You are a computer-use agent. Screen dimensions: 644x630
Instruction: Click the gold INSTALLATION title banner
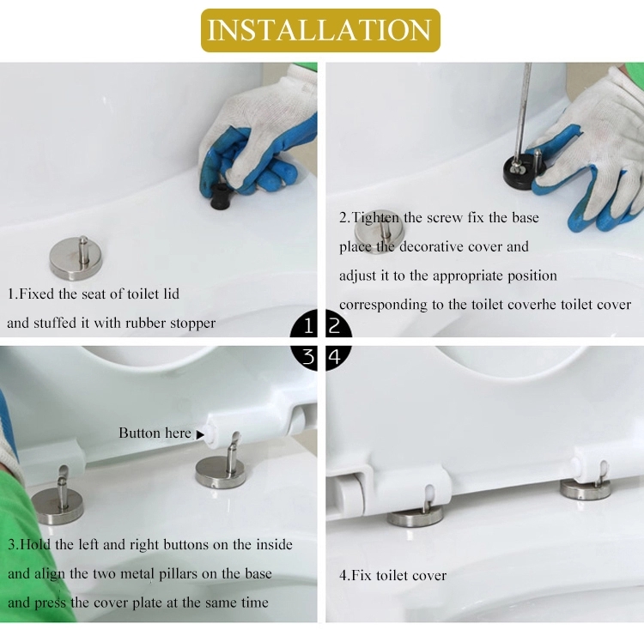320,30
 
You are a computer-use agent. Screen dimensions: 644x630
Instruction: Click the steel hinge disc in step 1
76,257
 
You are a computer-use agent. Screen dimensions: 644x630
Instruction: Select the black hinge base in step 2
521,169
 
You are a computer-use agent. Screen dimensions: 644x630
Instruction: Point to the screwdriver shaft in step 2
523,111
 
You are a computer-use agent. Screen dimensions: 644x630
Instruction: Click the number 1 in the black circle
308,326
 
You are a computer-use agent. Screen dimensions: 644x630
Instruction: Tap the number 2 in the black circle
335,326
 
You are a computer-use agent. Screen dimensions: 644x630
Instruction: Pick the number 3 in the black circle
308,356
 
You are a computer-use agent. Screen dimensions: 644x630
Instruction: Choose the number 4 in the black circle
335,356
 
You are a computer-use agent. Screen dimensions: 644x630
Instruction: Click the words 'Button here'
155,433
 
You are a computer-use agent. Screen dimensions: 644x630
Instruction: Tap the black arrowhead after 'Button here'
200,434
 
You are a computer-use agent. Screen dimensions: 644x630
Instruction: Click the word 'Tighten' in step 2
375,217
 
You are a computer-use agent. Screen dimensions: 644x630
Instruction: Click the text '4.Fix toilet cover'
392,575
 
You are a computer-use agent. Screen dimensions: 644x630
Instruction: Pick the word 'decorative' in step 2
431,246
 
